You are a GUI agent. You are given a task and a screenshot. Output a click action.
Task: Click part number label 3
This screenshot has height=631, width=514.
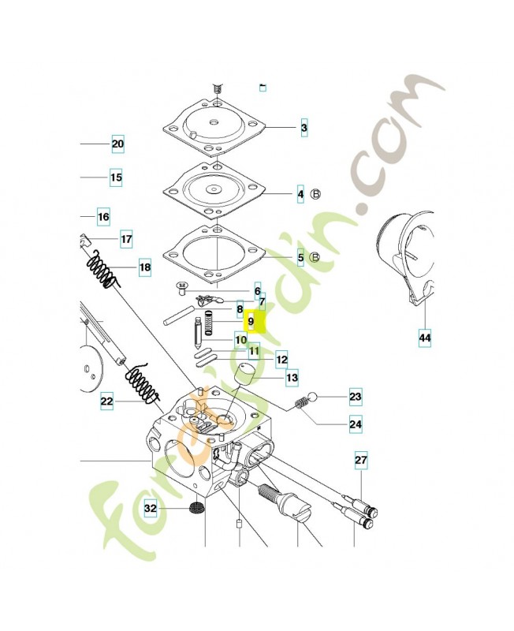click(x=304, y=128)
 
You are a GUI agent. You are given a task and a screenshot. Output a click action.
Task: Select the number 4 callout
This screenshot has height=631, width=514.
click(x=300, y=193)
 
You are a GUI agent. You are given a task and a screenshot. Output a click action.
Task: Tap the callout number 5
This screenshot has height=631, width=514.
click(x=300, y=257)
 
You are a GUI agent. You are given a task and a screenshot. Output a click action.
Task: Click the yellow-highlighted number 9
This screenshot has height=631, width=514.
click(x=251, y=322)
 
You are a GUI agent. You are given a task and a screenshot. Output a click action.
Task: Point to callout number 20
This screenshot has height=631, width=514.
click(x=117, y=144)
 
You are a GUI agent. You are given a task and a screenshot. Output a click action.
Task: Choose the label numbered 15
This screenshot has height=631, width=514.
click(x=116, y=178)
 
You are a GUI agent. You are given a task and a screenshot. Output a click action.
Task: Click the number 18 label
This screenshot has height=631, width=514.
click(x=144, y=268)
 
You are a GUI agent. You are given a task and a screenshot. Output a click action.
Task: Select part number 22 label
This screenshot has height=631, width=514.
click(x=107, y=402)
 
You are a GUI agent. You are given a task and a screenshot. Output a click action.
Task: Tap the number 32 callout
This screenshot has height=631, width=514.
click(x=150, y=510)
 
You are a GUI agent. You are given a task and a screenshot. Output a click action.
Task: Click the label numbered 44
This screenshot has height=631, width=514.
click(x=425, y=338)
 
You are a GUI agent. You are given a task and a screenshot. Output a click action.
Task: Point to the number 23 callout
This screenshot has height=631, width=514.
click(x=355, y=397)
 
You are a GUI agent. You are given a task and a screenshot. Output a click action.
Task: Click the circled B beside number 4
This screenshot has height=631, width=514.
click(x=316, y=193)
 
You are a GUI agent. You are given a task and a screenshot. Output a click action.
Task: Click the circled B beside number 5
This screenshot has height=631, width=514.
click(x=315, y=257)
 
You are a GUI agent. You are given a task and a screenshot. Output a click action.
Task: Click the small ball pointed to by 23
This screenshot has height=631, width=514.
click(x=313, y=397)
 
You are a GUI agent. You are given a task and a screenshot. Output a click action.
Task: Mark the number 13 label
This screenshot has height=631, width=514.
click(x=292, y=379)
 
